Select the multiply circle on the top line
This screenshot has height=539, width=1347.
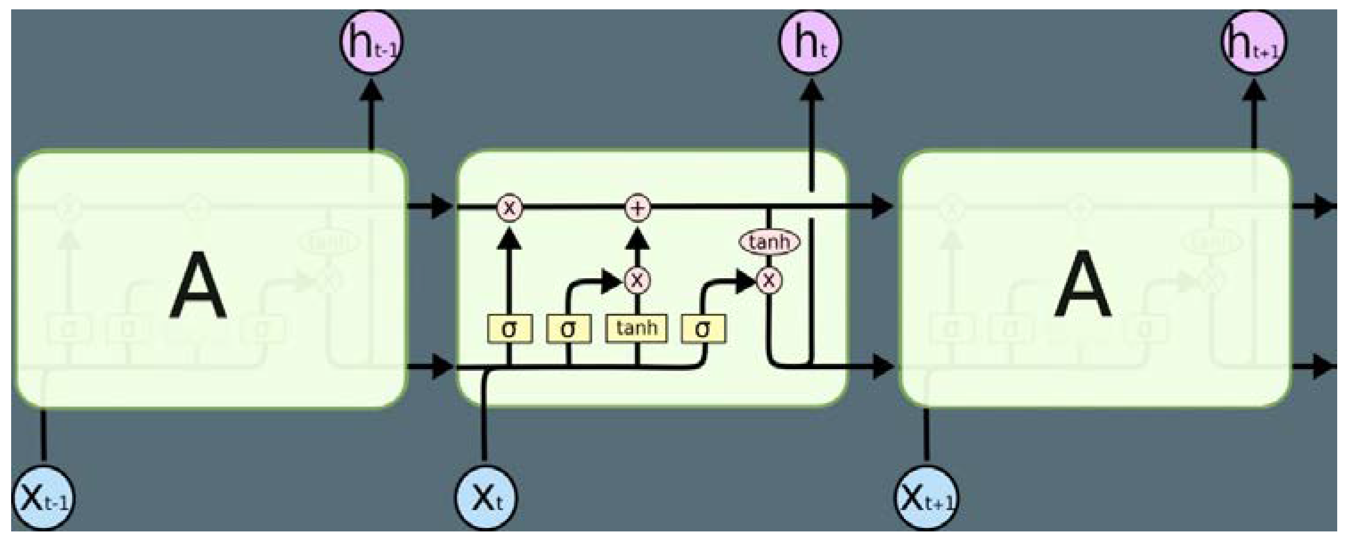click(509, 208)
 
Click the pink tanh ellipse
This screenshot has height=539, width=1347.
click(769, 242)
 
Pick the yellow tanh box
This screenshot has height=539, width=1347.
click(636, 329)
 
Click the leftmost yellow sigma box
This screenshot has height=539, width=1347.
click(510, 329)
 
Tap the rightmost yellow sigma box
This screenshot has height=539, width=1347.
click(703, 329)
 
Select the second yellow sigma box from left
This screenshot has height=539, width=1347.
click(568, 329)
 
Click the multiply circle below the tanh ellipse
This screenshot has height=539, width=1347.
click(769, 281)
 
